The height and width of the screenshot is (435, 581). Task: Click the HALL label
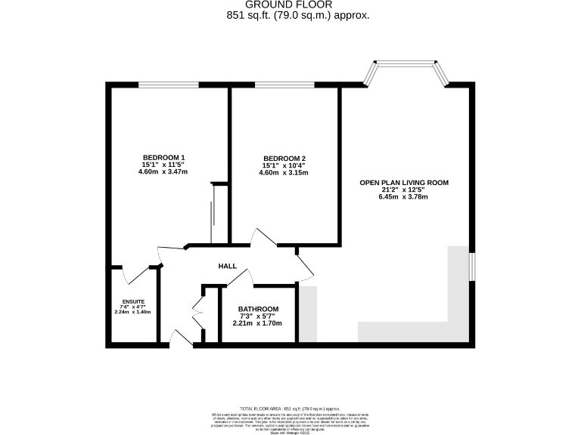click(x=227, y=266)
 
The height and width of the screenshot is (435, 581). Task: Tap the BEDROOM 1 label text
click(x=163, y=157)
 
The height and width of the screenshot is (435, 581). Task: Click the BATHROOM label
click(x=258, y=309)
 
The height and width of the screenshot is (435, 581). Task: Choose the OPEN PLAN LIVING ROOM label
click(x=404, y=182)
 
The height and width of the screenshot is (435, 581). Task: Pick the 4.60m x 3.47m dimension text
click(x=163, y=172)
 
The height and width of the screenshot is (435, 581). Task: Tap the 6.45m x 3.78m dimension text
click(x=403, y=197)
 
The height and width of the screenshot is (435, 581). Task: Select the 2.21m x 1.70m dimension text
click(x=257, y=323)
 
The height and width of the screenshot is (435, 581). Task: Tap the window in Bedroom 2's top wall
click(x=284, y=85)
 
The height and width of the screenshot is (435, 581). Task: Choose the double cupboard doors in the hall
click(x=197, y=310)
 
